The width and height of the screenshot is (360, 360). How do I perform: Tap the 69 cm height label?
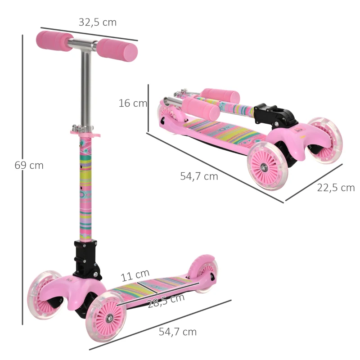(29, 165)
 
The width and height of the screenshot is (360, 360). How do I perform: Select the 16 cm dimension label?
(133, 103)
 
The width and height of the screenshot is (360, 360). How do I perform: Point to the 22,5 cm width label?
(336, 188)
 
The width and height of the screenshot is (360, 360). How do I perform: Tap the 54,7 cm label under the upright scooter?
(178, 332)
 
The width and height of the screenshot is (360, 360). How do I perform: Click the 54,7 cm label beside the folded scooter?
(199, 176)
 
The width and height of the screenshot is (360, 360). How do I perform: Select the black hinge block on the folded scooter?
(276, 116)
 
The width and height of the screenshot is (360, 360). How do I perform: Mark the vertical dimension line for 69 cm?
(22, 180)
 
